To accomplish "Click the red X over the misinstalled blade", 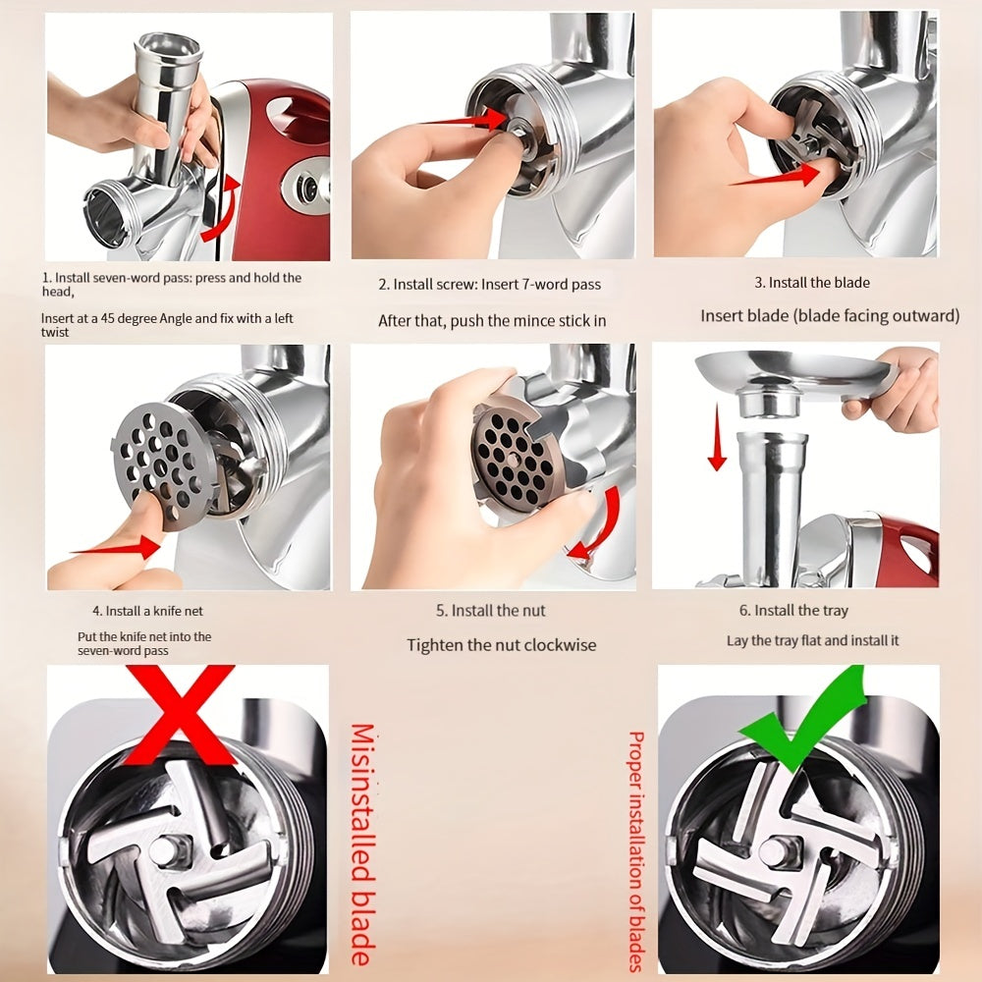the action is [181, 714].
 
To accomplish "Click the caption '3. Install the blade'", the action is [812, 283].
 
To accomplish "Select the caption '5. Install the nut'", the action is [490, 611].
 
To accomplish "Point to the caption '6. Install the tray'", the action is [793, 611].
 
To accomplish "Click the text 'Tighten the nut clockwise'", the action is [501, 645].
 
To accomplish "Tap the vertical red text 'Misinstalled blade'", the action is [362, 845].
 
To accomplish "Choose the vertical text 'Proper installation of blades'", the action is [636, 850].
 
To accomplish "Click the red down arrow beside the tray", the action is [717, 438].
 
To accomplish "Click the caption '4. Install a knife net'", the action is [148, 611].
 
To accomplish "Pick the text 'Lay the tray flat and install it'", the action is [812, 640].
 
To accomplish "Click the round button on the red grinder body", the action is [306, 186].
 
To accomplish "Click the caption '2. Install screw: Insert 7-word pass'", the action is [490, 285].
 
